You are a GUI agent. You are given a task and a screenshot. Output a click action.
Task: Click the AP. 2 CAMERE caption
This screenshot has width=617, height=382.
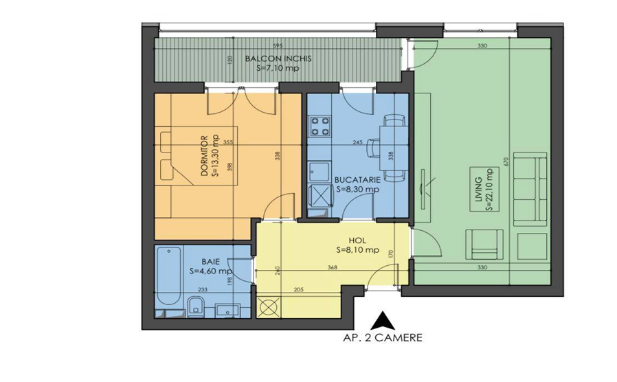pyautogui.click(x=382, y=337)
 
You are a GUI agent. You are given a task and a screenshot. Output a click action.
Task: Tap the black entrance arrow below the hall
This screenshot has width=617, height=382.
pyautogui.click(x=381, y=320)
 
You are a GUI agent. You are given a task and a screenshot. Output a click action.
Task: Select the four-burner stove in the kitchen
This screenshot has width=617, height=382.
pyautogui.click(x=319, y=126)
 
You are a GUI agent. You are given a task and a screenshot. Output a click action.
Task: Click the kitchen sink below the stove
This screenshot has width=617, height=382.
pyautogui.click(x=318, y=170)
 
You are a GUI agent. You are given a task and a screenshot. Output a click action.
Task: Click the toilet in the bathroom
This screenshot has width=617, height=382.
pyautogui.click(x=194, y=307)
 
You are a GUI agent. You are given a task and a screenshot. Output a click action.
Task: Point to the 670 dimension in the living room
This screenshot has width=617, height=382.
pyautogui.click(x=505, y=161)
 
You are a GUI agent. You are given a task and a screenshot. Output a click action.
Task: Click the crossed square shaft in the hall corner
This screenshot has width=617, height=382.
pyautogui.click(x=269, y=306)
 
